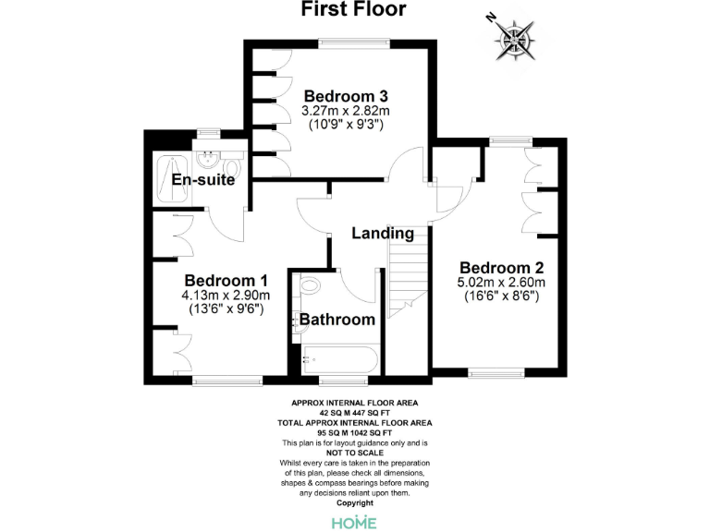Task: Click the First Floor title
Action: (x=354, y=10)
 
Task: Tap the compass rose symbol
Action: (x=513, y=38)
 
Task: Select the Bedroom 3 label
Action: (x=346, y=96)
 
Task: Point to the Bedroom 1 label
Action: (x=226, y=281)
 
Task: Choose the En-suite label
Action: (x=202, y=180)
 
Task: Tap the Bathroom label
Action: (x=337, y=320)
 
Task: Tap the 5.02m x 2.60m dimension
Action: (x=501, y=283)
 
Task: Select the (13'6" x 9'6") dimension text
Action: (x=226, y=309)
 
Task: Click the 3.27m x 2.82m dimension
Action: (x=346, y=111)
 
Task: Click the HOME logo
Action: (x=354, y=522)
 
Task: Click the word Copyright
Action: (x=354, y=502)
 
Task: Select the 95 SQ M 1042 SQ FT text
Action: (x=354, y=431)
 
